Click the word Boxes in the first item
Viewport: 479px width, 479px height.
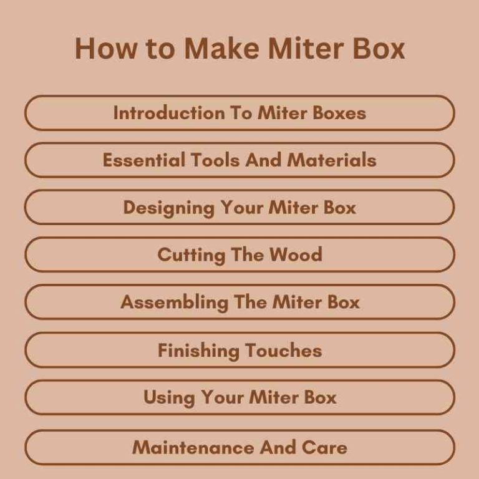click(x=339, y=113)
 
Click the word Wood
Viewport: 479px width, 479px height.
click(x=296, y=255)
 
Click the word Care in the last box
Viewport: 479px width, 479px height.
click(x=325, y=448)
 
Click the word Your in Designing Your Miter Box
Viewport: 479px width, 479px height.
click(x=243, y=208)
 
